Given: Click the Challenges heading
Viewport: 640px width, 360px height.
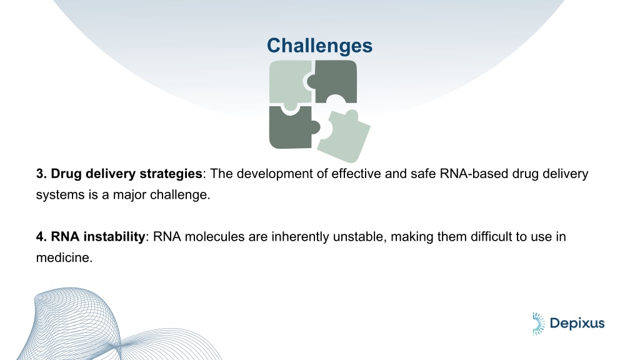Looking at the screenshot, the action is tap(319, 46).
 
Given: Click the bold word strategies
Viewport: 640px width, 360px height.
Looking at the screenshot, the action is tap(171, 174).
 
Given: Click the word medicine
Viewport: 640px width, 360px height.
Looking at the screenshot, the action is tap(63, 257).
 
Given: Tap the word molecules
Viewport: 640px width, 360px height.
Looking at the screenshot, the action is tap(214, 237).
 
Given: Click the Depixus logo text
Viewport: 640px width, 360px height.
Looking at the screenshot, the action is tap(577, 324).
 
